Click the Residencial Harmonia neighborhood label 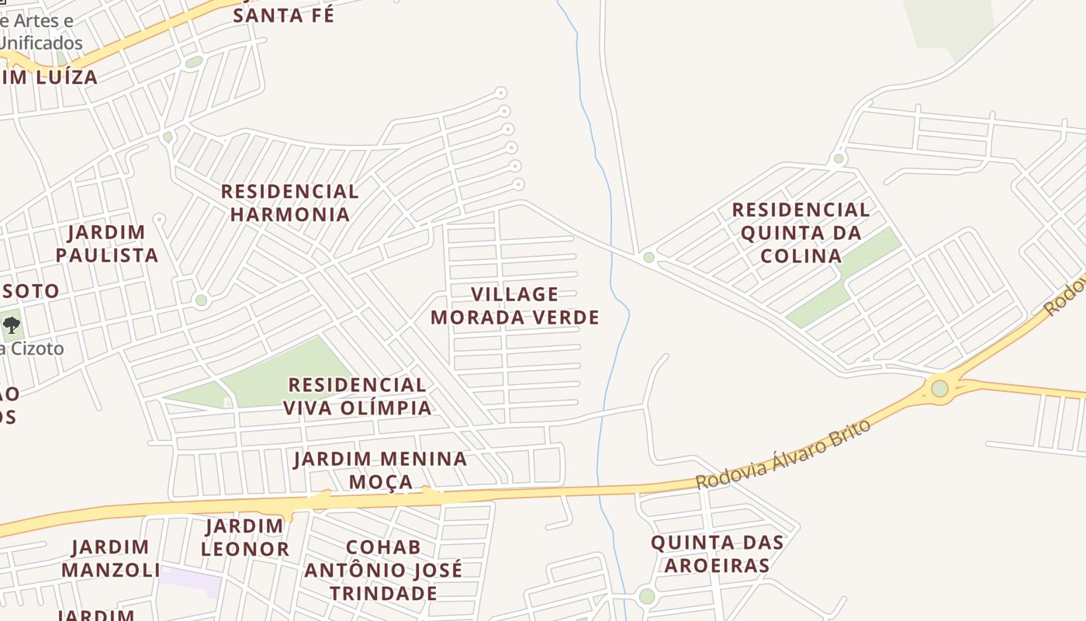(289, 203)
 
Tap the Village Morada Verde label (514, 306)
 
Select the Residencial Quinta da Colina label (801, 232)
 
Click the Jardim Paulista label (107, 243)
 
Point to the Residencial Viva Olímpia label (357, 396)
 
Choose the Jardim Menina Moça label (380, 470)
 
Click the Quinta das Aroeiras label (717, 553)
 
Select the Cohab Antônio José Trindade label (383, 570)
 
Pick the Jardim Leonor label (245, 537)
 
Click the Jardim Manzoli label (111, 559)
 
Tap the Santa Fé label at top (284, 15)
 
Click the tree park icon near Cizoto (12, 324)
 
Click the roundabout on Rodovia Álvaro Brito (939, 387)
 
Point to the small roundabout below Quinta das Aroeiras (646, 596)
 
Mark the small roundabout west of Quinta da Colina (648, 257)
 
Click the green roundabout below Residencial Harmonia (201, 300)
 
